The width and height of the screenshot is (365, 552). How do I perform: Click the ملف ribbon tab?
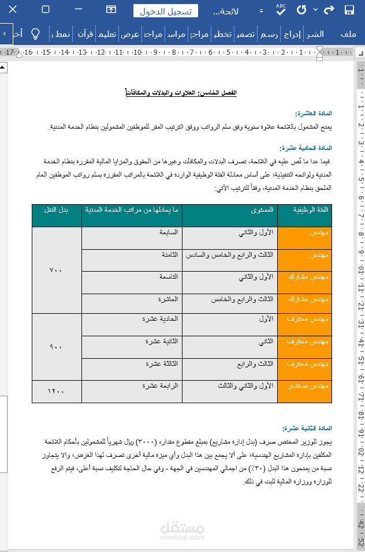pyautogui.click(x=348, y=34)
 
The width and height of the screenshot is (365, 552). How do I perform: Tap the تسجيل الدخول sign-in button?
pyautogui.click(x=166, y=12)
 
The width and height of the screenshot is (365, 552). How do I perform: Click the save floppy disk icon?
pyautogui.click(x=349, y=10)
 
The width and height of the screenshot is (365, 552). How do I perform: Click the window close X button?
pyautogui.click(x=13, y=10)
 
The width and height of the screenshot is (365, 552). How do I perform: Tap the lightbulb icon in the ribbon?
pyautogui.click(x=35, y=33)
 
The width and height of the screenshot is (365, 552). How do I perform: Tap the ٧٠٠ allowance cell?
pyautogui.click(x=56, y=271)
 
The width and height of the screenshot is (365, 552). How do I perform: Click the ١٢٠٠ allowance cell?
pyautogui.click(x=56, y=391)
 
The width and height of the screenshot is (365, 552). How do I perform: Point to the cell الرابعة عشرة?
pyautogui.click(x=162, y=385)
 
